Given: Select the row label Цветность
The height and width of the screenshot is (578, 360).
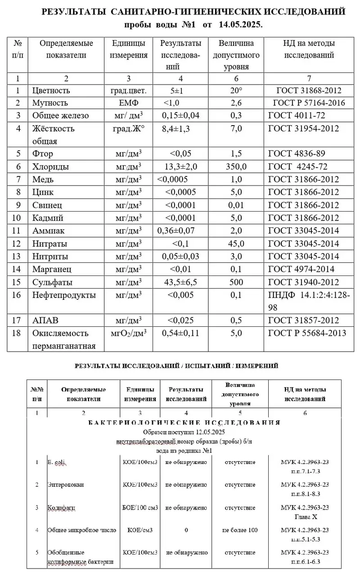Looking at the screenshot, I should click(x=51, y=90).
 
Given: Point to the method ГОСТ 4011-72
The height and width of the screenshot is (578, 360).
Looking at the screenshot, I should click(x=297, y=116).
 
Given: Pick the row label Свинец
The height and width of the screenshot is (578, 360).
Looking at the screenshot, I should click(x=47, y=205).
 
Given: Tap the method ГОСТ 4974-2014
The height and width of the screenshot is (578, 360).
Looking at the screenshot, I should click(x=301, y=269).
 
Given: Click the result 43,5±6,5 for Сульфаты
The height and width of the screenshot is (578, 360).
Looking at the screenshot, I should click(x=181, y=282).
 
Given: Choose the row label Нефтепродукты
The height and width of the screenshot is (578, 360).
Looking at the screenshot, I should click(x=64, y=295).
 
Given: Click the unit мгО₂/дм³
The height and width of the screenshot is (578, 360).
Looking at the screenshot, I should click(x=129, y=334).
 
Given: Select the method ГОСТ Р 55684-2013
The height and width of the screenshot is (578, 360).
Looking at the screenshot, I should click(x=307, y=334).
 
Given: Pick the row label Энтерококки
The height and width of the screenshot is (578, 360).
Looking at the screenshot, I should click(x=66, y=485).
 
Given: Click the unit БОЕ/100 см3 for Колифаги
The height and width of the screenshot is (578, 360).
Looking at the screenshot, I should click(x=140, y=507).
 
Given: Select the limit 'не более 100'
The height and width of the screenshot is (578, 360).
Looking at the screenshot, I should click(x=240, y=530).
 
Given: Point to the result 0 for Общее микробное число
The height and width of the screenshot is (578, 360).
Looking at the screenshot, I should click(x=186, y=530).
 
